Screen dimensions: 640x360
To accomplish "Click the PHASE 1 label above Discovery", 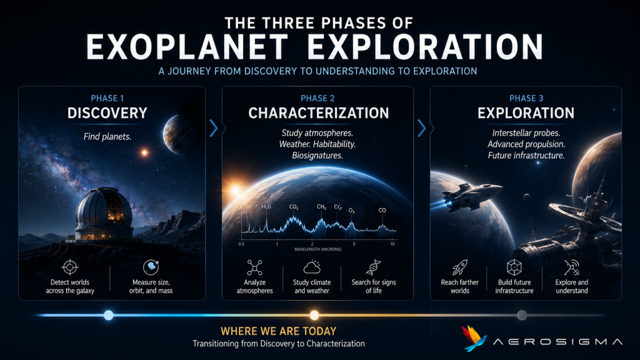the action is (x=107, y=98).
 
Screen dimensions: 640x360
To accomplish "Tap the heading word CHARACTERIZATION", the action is (x=318, y=113).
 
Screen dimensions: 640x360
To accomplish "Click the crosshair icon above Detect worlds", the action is (x=70, y=267).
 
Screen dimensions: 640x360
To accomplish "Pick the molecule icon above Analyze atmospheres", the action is (x=255, y=267).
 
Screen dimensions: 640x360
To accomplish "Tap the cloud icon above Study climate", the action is (x=312, y=267).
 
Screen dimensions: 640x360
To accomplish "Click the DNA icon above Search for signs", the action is (x=374, y=267).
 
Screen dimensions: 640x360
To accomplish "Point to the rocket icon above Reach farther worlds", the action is (x=459, y=267).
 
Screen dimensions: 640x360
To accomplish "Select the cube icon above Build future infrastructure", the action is (x=514, y=267).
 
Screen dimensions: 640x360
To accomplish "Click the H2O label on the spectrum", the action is (x=266, y=207).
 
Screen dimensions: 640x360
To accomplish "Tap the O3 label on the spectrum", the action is (x=351, y=211).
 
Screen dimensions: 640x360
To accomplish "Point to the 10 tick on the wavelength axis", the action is (x=392, y=244).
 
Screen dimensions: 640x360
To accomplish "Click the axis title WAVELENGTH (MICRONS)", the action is (x=317, y=249).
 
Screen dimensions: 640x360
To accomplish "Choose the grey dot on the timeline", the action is (x=522, y=315).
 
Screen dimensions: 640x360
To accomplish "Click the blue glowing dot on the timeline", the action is (x=109, y=315).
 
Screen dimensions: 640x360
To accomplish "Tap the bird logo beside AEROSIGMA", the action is (x=474, y=338).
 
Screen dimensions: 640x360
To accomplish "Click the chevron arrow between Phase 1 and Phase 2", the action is (x=214, y=128).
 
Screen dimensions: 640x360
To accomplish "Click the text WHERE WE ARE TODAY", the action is (x=279, y=331).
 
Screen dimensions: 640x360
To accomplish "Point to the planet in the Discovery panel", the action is (x=179, y=134).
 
